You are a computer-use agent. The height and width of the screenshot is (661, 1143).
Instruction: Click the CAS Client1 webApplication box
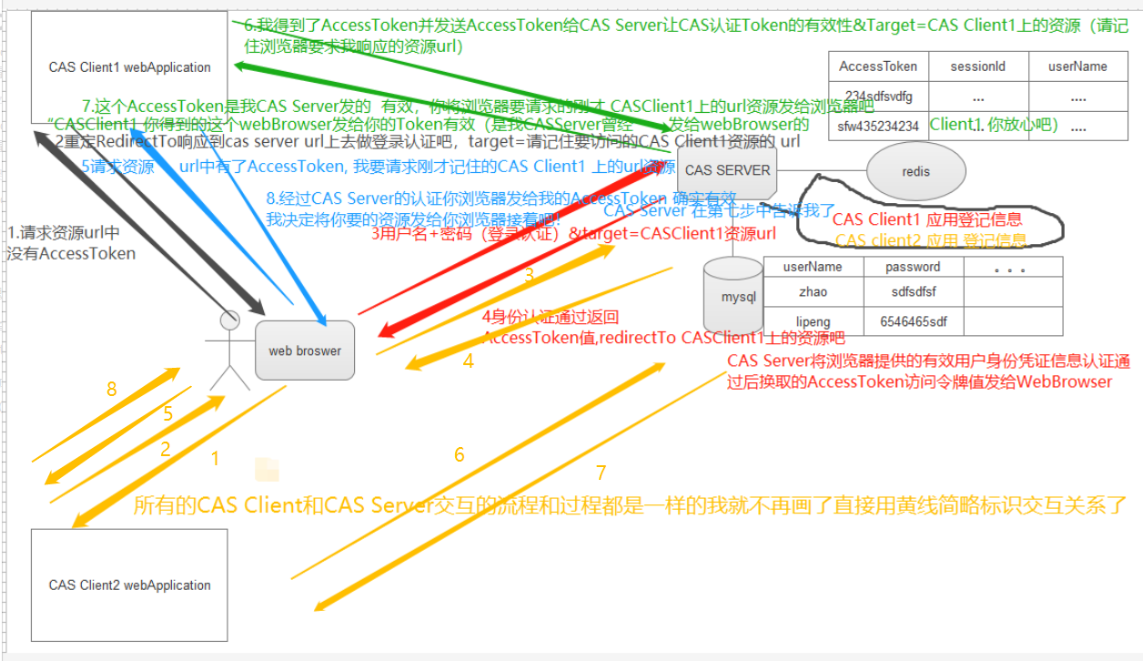(x=129, y=67)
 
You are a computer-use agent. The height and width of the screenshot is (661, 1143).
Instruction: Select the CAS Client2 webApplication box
(x=129, y=585)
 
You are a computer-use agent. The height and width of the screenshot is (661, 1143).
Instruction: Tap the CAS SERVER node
(x=727, y=170)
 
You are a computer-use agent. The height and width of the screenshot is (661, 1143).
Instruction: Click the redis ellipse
(x=915, y=171)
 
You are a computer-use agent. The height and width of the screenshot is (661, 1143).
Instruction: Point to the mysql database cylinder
(x=733, y=296)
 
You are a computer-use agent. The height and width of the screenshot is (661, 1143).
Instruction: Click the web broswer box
(x=304, y=351)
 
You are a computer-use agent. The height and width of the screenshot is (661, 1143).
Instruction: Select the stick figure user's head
(x=230, y=320)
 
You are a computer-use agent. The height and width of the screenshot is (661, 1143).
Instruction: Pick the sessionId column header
(x=977, y=66)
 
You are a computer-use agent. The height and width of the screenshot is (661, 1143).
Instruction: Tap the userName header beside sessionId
(x=1077, y=66)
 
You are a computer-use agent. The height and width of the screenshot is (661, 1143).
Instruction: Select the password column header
(x=912, y=267)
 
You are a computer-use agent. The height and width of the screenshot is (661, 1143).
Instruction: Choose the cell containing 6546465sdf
(x=912, y=321)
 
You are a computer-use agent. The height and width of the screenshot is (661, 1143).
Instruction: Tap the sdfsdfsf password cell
(x=912, y=292)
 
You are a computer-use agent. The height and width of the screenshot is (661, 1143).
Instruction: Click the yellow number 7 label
(x=601, y=473)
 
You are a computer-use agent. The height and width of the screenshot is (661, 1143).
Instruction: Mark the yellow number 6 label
(x=460, y=454)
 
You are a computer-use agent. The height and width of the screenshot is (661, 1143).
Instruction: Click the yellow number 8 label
(x=112, y=390)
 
